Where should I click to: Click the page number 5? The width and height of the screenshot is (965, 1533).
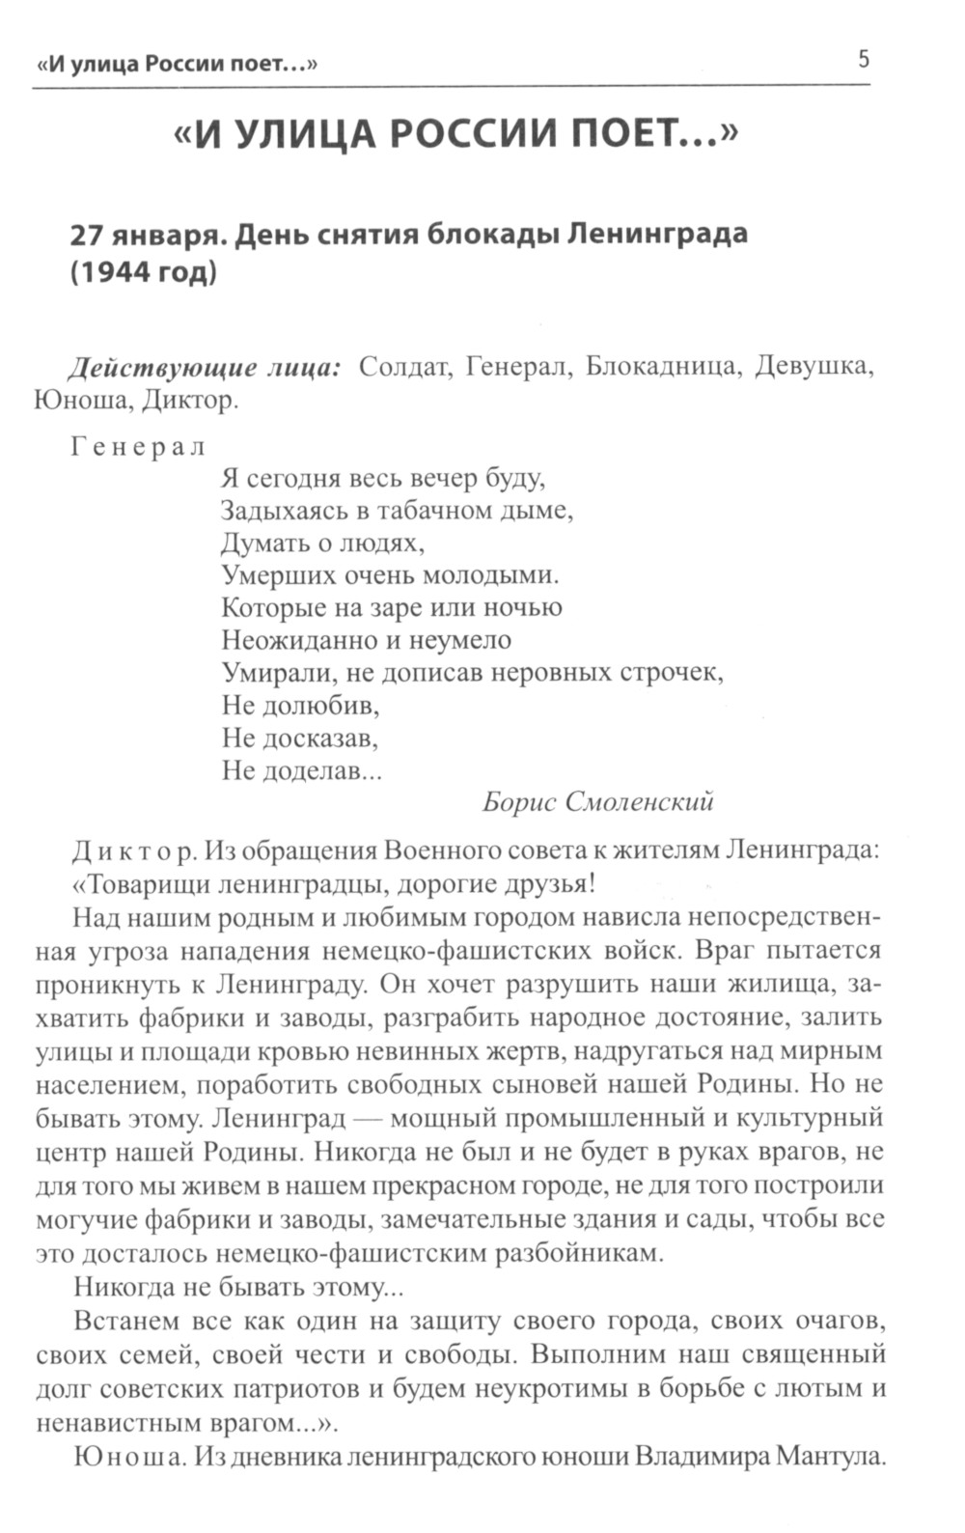[x=863, y=60]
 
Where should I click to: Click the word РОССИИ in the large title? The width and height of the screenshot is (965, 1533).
[x=472, y=135]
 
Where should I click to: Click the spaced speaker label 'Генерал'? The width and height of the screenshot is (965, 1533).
[x=138, y=447]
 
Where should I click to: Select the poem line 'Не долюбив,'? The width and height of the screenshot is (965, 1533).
[x=300, y=706]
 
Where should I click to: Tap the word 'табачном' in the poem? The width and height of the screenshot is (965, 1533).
[x=433, y=511]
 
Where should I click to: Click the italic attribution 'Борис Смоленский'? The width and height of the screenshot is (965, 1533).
[x=597, y=801]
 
